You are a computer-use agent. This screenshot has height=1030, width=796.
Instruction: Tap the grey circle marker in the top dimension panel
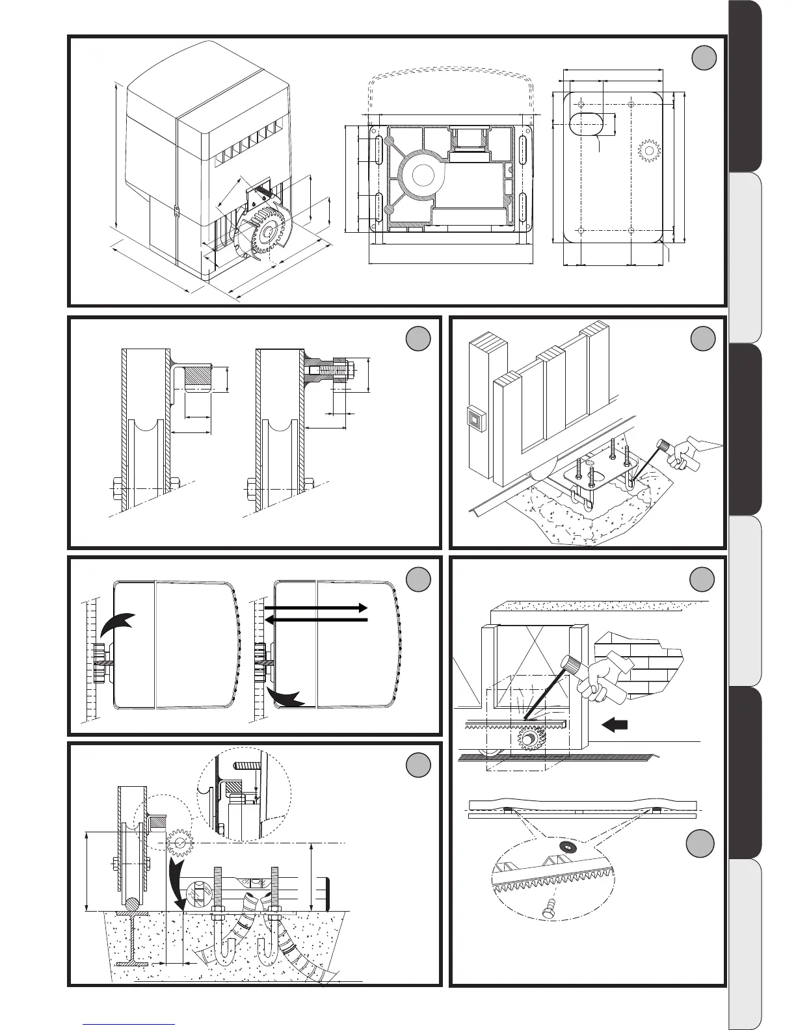point(703,58)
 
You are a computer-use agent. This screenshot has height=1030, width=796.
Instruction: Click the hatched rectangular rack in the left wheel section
point(198,376)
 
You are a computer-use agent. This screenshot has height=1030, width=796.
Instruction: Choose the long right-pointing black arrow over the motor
point(316,607)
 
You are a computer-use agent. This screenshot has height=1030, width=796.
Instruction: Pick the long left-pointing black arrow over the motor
point(316,620)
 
